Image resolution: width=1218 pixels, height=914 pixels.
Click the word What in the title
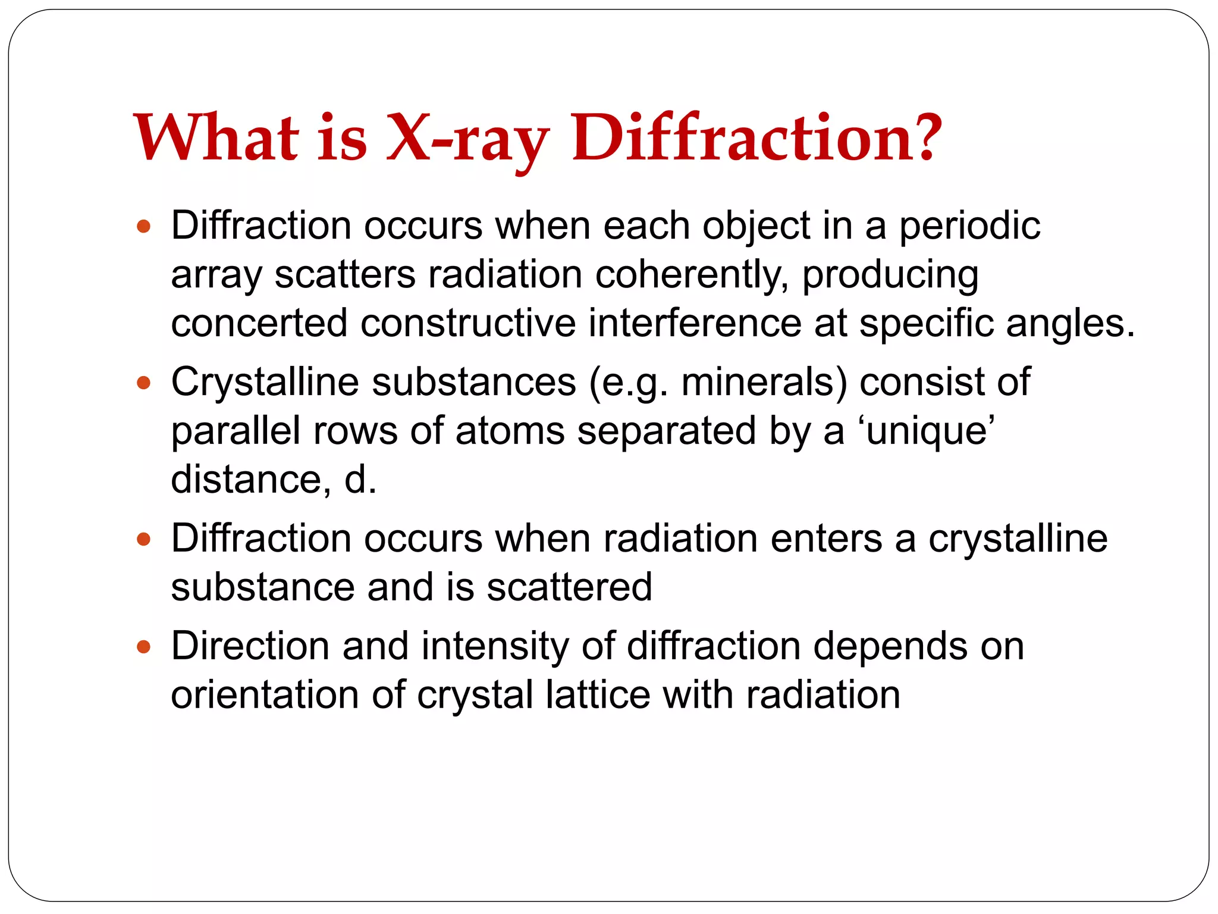click(216, 138)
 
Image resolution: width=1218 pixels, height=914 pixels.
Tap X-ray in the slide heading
click(467, 139)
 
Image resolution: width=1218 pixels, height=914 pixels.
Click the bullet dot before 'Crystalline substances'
click(143, 382)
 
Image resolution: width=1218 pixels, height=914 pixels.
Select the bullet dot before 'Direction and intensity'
click(143, 647)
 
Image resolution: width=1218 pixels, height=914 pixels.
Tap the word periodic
click(969, 227)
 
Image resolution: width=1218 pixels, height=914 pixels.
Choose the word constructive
click(468, 324)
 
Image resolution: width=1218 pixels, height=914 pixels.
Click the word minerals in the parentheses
click(759, 382)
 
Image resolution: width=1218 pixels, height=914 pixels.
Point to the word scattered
click(569, 588)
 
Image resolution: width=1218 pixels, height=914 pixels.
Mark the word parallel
click(236, 431)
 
